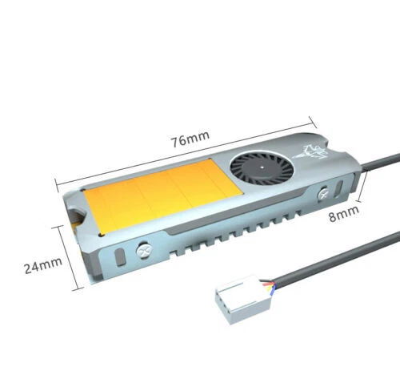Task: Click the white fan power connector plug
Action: click(x=242, y=300)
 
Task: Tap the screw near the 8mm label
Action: click(x=322, y=194)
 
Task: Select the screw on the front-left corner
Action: click(x=146, y=251)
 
